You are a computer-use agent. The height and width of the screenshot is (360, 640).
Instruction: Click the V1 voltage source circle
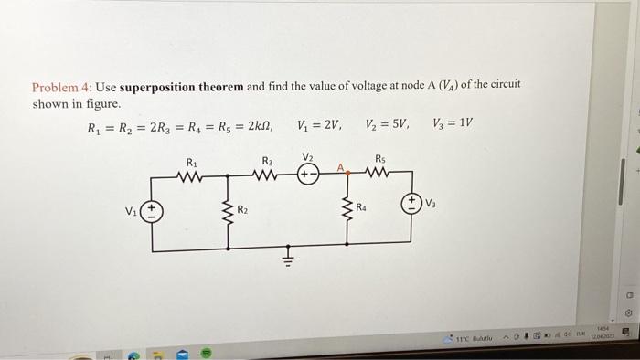[152, 213]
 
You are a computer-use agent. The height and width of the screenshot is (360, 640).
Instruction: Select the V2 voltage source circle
[308, 174]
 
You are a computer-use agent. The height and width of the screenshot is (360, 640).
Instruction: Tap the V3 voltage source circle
[411, 205]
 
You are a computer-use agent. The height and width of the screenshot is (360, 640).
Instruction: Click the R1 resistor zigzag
[193, 174]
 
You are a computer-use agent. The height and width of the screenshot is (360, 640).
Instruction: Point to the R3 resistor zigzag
[267, 174]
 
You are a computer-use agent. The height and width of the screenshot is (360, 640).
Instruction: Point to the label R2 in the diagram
[242, 211]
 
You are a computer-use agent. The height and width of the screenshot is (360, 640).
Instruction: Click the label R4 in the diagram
[363, 208]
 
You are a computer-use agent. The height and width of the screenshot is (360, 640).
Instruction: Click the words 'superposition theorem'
[182, 87]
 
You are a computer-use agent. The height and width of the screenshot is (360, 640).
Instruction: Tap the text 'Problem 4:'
[60, 88]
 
